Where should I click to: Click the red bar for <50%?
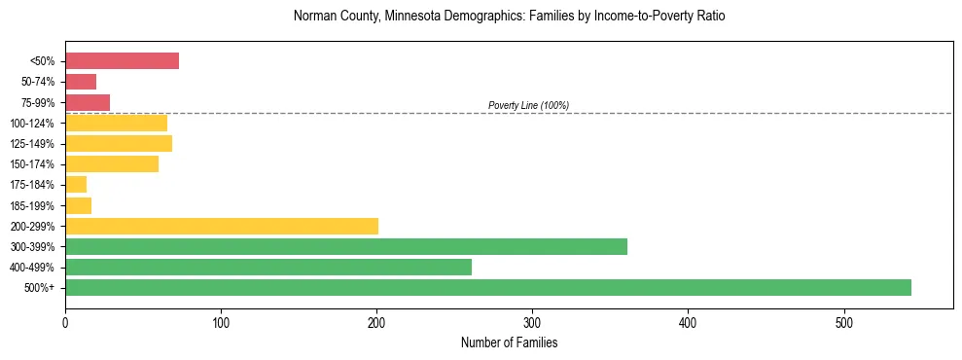click(x=122, y=61)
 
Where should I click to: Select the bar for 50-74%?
click(x=81, y=82)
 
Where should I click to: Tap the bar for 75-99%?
click(x=88, y=102)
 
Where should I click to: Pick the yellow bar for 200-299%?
click(x=222, y=226)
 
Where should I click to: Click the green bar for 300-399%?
click(x=346, y=246)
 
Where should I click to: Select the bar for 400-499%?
click(x=268, y=267)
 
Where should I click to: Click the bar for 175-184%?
click(x=76, y=184)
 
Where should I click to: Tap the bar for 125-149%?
click(x=119, y=143)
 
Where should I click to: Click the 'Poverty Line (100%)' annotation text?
click(x=528, y=105)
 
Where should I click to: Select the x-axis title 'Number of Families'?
click(x=509, y=342)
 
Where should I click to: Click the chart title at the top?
click(x=509, y=17)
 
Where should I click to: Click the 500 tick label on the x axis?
click(x=843, y=322)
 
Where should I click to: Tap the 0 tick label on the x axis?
click(x=65, y=322)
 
